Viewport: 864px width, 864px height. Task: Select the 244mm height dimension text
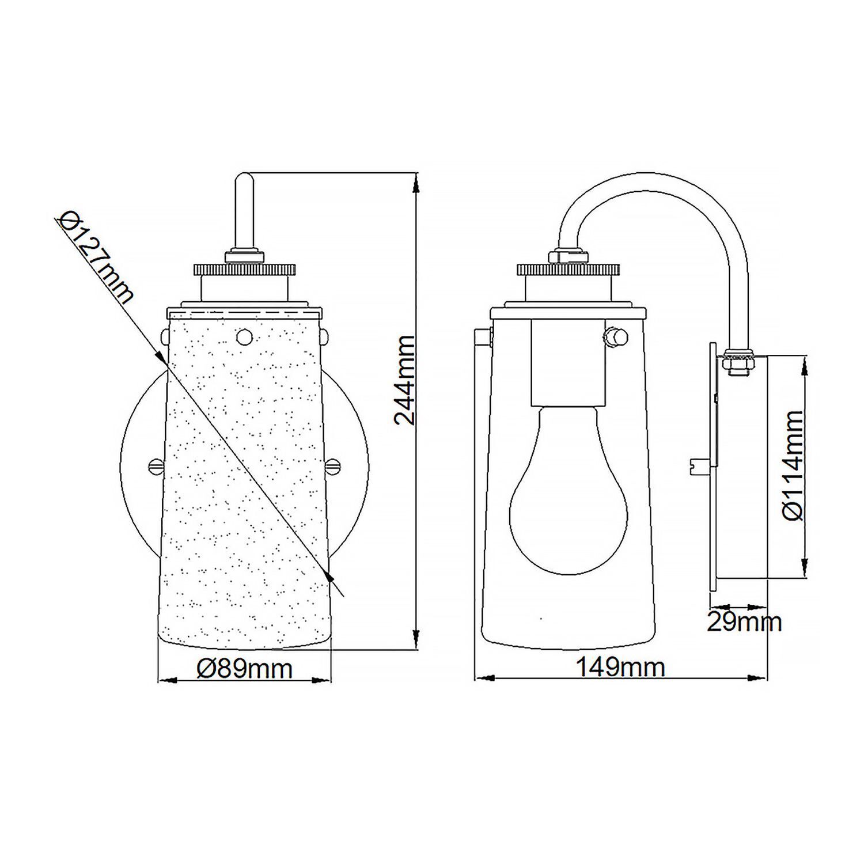406,380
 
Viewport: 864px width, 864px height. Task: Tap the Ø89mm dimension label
244,668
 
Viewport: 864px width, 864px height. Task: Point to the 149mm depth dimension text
620,668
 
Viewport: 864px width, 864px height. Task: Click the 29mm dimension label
744,622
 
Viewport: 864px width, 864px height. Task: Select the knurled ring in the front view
244,269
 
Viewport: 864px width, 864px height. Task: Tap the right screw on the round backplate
335,464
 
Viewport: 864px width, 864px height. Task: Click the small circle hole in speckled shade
244,335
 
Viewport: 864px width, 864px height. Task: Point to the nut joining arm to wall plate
740,361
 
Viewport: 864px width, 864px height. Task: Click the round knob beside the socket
617,336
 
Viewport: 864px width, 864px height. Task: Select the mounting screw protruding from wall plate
699,464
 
